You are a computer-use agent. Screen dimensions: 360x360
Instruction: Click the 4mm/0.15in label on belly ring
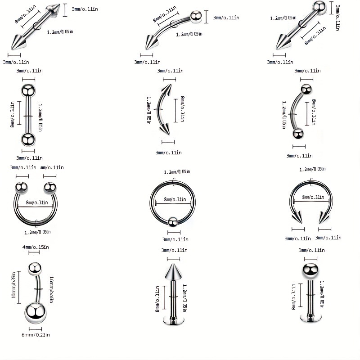[36, 247]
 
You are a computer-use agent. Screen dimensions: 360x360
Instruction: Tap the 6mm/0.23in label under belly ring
[36, 334]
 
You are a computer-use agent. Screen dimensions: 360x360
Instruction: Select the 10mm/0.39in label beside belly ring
[14, 288]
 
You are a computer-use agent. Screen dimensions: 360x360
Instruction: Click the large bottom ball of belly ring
[36, 312]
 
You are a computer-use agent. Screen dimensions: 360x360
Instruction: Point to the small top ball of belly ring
[35, 269]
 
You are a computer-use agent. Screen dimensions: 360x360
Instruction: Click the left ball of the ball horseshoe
[22, 187]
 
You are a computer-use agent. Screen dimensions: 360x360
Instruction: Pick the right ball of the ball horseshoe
[50, 187]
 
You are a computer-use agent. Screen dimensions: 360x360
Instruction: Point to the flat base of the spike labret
[173, 321]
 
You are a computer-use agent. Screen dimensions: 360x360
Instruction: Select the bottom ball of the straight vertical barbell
[28, 138]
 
